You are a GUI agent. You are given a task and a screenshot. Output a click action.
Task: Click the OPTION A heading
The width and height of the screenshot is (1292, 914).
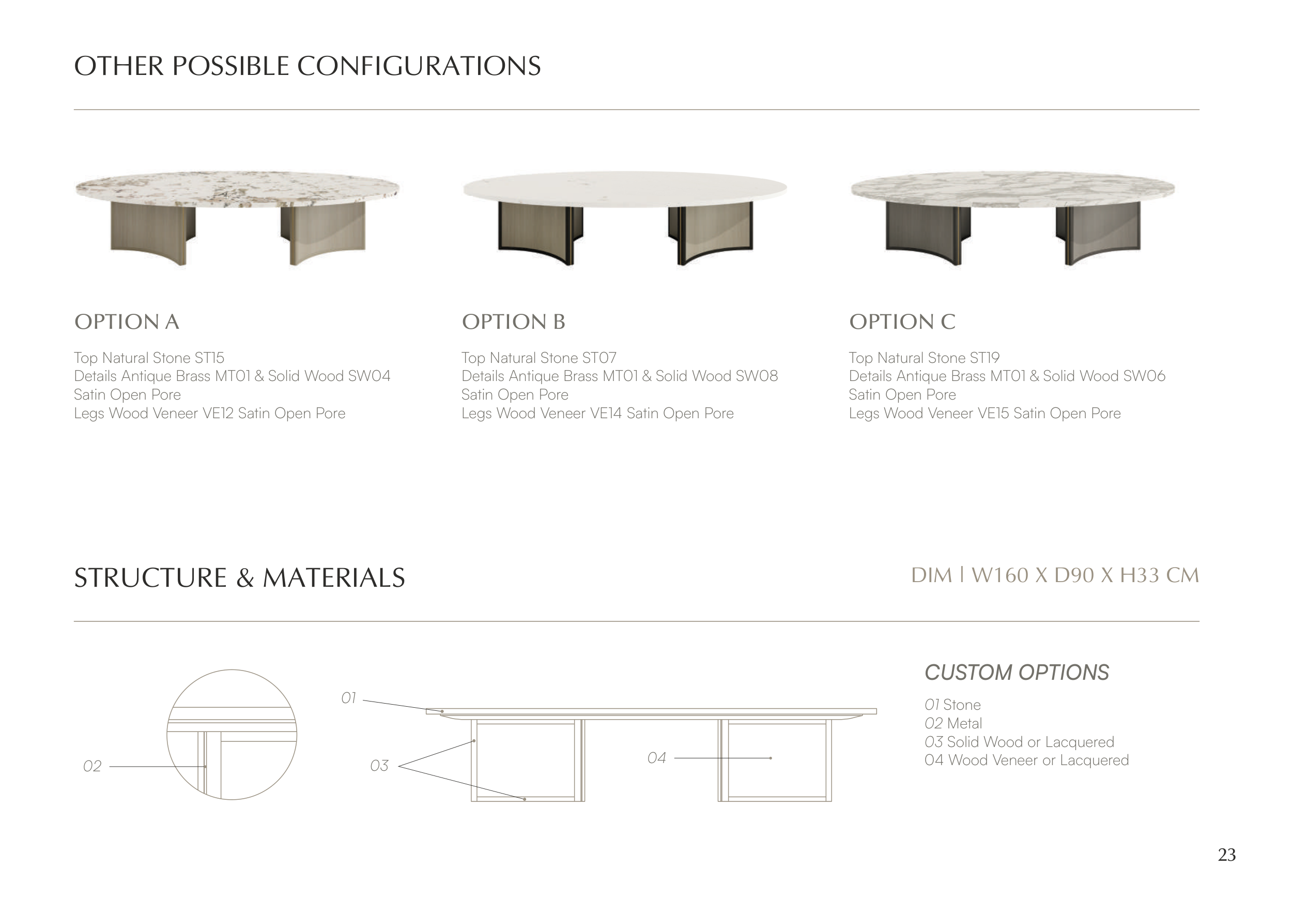[x=127, y=322]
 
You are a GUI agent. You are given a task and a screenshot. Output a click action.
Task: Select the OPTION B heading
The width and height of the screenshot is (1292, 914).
[x=513, y=322]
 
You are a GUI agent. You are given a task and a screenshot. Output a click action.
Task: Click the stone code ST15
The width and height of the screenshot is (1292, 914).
[x=209, y=358]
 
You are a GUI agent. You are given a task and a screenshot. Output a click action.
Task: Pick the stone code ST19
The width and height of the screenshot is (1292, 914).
[x=985, y=358]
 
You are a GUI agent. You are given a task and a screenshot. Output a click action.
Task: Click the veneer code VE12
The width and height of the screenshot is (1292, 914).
[x=218, y=414]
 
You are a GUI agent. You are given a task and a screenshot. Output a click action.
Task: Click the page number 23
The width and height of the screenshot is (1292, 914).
[x=1227, y=855]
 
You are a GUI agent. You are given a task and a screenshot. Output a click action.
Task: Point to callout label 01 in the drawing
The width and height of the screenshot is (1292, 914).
[x=349, y=698]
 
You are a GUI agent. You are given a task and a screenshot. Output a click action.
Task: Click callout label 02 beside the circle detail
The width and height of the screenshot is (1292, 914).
[x=93, y=767]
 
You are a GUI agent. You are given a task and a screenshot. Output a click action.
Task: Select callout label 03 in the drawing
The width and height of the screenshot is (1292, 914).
[x=379, y=766]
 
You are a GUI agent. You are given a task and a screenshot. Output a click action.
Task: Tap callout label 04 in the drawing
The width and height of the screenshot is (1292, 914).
[x=657, y=758]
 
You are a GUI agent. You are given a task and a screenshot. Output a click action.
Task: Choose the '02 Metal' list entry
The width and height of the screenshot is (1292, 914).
[x=953, y=724]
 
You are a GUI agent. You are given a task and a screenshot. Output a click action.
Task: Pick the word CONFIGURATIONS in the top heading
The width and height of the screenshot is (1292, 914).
[x=419, y=66]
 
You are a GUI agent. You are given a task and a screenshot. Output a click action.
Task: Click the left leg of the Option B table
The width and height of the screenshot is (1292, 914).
[x=541, y=233]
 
